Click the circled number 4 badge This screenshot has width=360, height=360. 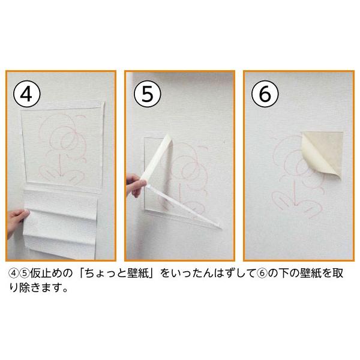click(x=27, y=94)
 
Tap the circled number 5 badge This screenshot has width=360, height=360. click(x=148, y=94)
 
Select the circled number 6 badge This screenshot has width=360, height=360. click(x=265, y=94)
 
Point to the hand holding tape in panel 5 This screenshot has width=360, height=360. click(x=136, y=185)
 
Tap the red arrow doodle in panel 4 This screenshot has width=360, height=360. click(x=60, y=166)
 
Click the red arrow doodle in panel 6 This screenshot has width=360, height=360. click(x=295, y=193)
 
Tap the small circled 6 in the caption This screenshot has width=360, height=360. click(x=262, y=274)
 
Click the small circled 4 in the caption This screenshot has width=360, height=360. click(x=13, y=274)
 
